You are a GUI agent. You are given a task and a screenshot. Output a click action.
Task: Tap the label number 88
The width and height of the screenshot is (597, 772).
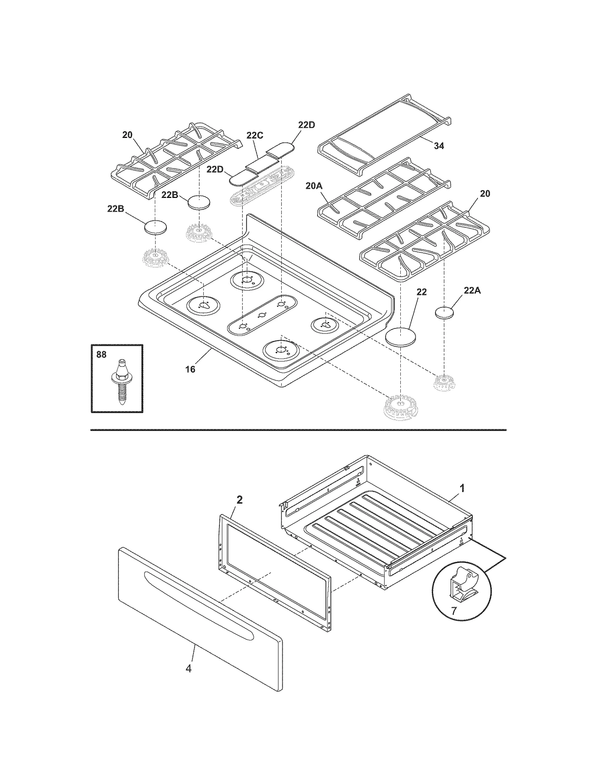101,355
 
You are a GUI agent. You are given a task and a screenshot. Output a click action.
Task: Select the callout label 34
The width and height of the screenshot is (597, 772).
439,146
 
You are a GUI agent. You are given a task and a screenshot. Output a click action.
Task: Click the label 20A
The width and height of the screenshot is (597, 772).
314,186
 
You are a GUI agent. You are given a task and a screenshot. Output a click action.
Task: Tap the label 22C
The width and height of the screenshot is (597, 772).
255,135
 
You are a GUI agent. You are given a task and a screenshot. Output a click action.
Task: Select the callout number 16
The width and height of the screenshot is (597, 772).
190,369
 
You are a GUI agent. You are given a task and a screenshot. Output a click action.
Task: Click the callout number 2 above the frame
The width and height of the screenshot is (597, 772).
240,500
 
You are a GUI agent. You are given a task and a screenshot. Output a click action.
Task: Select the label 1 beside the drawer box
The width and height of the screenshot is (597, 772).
462,488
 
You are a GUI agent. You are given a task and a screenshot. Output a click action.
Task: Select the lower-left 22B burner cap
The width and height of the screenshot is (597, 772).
155,227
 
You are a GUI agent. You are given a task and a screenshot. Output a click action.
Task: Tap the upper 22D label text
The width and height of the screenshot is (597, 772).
306,125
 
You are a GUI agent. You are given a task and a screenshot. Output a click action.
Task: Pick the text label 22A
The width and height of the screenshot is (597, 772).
472,290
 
